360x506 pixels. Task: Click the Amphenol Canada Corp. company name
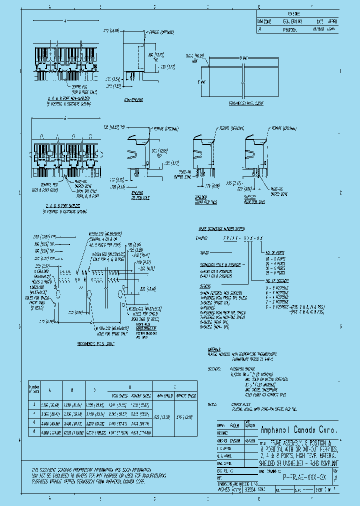point(299,430)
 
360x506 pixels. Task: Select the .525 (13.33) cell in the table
point(160,416)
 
